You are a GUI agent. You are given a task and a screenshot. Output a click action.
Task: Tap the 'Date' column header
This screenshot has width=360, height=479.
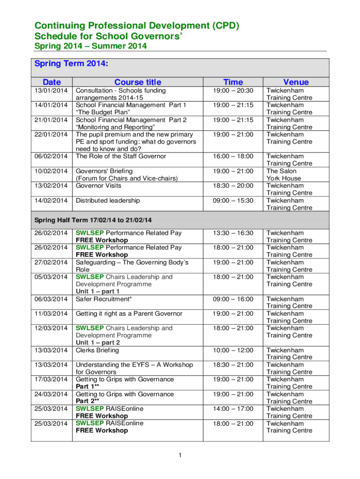click(x=52, y=82)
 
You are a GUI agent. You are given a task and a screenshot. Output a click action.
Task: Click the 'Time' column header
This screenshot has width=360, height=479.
click(x=233, y=82)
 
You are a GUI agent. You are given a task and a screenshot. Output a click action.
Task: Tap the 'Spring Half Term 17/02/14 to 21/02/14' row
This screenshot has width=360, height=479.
click(x=94, y=220)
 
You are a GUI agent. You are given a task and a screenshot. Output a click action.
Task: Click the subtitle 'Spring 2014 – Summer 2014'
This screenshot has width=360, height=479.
click(x=91, y=46)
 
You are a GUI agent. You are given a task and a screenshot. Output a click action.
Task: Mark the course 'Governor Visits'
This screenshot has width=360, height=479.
click(x=98, y=186)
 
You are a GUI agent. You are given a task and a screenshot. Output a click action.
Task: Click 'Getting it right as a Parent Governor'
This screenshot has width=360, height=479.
click(x=129, y=313)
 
